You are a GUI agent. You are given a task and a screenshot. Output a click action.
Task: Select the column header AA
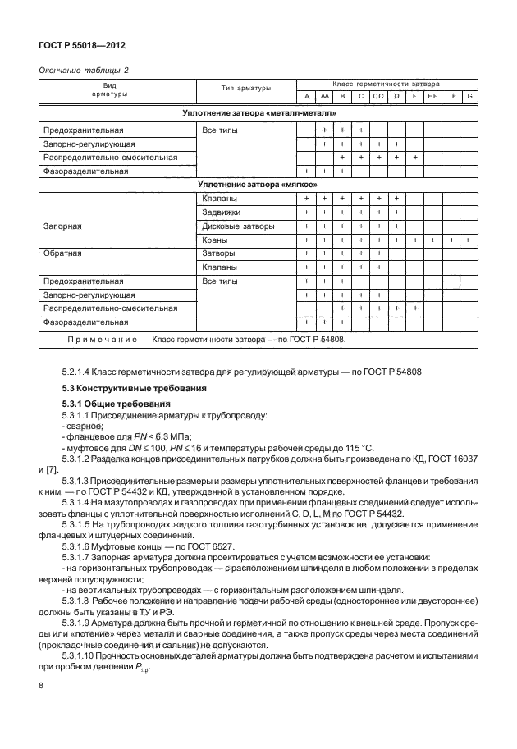coord(324,97)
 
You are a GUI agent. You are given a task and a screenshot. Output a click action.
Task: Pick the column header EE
coord(432,97)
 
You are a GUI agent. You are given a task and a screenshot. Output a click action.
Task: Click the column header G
coord(469,97)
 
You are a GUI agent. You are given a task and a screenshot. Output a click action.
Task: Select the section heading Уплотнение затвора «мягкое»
coord(258,185)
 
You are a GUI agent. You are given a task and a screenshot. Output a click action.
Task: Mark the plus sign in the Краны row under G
coord(469,240)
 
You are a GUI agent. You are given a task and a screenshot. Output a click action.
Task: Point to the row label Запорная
coord(62,226)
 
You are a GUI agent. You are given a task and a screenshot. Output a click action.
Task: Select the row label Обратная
coord(62,253)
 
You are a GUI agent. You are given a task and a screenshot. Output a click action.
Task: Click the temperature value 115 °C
coord(355,447)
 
